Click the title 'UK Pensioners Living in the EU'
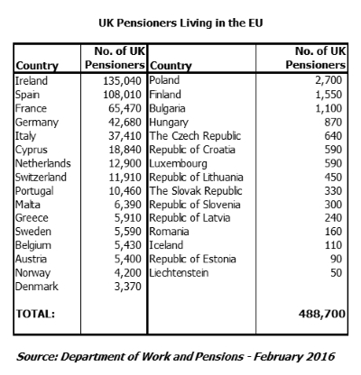180,15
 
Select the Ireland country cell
33,80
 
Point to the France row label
32,107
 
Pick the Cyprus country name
33,148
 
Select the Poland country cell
166,80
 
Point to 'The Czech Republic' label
193,134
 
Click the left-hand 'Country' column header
37,66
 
